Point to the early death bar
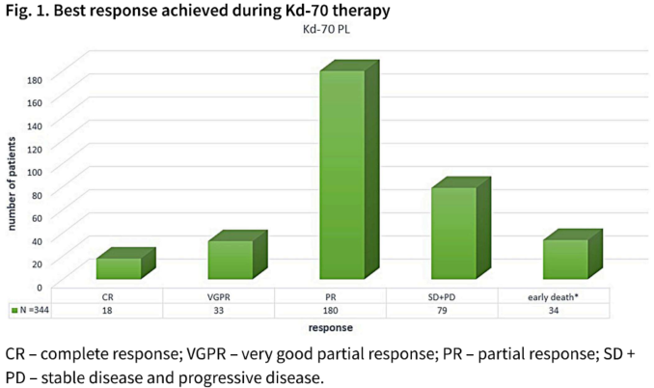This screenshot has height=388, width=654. pos(565,259)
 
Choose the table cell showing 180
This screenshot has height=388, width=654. pos(331,311)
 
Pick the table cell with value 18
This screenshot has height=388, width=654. pos(107,311)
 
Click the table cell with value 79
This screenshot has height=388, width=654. pos(443,311)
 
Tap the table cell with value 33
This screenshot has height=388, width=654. pos(219,311)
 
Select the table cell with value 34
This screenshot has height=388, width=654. pos(554,311)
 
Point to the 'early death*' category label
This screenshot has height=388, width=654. pos(554,296)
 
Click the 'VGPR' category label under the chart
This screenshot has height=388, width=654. pos(219,296)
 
